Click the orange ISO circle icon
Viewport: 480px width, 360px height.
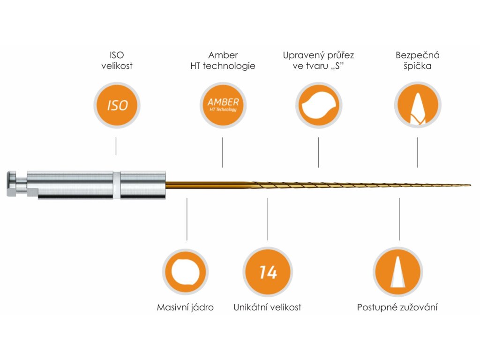pyautogui.click(x=117, y=105)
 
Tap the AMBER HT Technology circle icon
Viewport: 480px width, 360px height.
pyautogui.click(x=223, y=105)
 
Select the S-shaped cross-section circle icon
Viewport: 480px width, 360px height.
pyautogui.click(x=318, y=105)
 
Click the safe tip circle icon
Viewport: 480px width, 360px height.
pyautogui.click(x=417, y=105)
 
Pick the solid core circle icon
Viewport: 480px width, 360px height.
pyautogui.click(x=187, y=272)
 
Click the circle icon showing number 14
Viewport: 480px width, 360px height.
pyautogui.click(x=268, y=272)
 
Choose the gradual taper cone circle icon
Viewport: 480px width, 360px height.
pyautogui.click(x=397, y=272)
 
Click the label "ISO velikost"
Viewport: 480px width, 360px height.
pyautogui.click(x=117, y=60)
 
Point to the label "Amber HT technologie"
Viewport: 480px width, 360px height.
pyautogui.click(x=223, y=60)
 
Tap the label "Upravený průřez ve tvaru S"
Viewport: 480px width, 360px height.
pyautogui.click(x=318, y=60)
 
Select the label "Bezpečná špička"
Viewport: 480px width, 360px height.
pyautogui.click(x=417, y=60)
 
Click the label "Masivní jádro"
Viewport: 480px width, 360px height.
pyautogui.click(x=185, y=307)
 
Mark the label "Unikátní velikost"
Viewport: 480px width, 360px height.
pyautogui.click(x=267, y=307)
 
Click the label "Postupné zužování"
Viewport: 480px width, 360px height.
pyautogui.click(x=397, y=307)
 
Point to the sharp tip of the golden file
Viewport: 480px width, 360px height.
pyautogui.click(x=470, y=184)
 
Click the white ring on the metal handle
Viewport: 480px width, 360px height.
pyautogui.click(x=117, y=184)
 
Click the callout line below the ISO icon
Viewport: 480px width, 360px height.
pyautogui.click(x=116, y=146)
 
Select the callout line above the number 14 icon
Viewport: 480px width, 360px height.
pyautogui.click(x=268, y=219)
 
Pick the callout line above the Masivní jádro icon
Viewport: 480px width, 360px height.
pyautogui.click(x=187, y=219)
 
